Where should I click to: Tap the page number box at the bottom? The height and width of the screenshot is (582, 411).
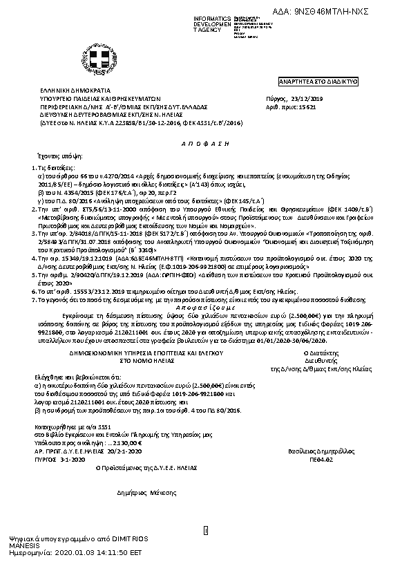click(205, 530)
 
